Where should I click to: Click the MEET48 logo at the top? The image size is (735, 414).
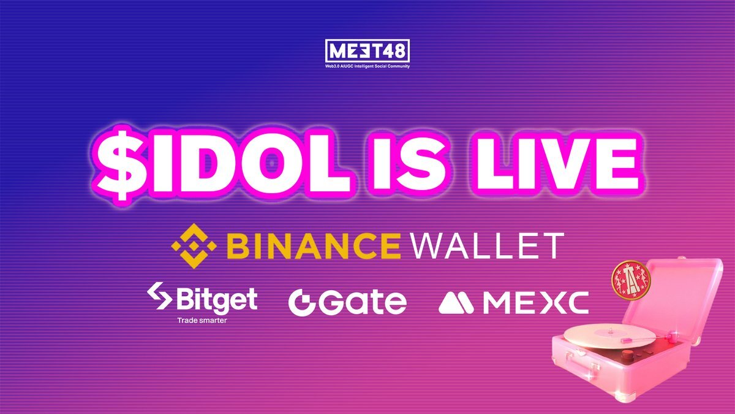coord(367,51)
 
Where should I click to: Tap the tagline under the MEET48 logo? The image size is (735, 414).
coord(367,66)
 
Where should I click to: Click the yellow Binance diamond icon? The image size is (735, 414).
coord(194,246)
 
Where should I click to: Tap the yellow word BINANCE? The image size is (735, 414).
coord(314,245)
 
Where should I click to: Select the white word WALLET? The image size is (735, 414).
coord(488,245)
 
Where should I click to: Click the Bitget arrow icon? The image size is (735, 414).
coord(159,296)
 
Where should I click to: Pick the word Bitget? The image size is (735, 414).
coord(217,299)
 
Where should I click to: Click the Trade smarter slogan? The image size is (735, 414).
coord(202,320)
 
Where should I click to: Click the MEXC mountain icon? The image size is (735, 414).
coord(456,302)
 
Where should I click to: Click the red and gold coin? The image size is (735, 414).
coord(631,280)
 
